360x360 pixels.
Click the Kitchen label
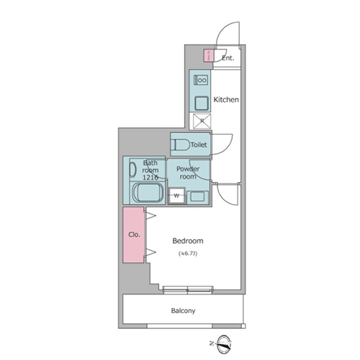[226, 99]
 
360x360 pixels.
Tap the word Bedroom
[188, 240]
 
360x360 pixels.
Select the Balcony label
[183, 311]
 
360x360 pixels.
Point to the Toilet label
[199, 145]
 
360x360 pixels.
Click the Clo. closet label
[134, 235]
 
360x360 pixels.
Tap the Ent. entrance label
[228, 58]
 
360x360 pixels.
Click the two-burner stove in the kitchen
[201, 80]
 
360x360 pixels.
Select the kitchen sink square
[201, 104]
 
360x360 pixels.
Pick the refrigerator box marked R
[202, 121]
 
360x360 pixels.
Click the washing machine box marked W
[176, 196]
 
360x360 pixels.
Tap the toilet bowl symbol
[180, 145]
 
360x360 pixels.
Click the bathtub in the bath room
[148, 193]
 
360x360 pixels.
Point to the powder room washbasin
[197, 197]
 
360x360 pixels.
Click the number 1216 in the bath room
[150, 177]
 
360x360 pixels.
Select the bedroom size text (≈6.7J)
[188, 253]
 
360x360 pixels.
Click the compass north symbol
[224, 344]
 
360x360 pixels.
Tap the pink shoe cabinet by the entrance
[208, 55]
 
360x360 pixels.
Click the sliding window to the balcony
[188, 289]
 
